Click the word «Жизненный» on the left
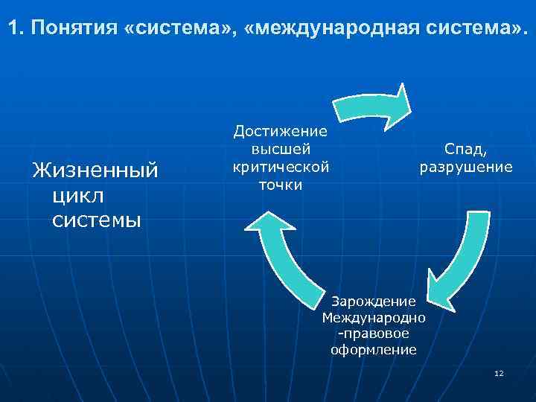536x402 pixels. (95, 171)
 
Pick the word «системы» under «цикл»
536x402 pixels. (97, 220)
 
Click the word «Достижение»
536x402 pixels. (281, 131)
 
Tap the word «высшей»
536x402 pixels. (281, 149)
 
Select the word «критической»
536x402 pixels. (281, 166)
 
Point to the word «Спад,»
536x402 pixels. (466, 150)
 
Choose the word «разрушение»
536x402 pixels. (466, 167)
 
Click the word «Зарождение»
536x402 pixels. (373, 301)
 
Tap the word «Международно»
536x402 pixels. (374, 318)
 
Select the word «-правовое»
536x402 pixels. (373, 334)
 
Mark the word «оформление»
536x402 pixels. (373, 350)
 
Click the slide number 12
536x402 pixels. (499, 372)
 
